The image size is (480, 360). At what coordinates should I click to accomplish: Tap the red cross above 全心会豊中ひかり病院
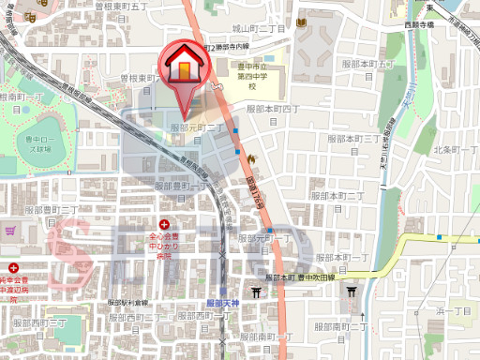coord(165,224)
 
